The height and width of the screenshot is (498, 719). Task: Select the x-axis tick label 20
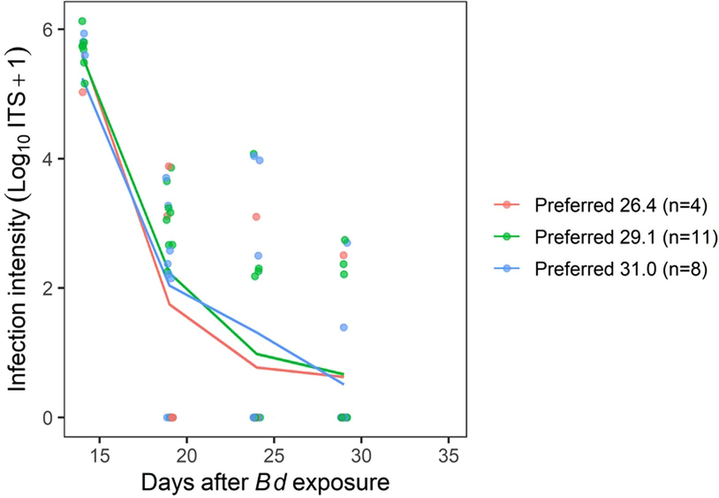click(x=186, y=455)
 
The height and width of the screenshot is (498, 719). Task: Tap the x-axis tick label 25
click(x=274, y=455)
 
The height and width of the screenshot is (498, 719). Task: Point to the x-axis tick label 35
click(x=449, y=455)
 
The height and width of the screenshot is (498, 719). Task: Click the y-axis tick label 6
click(x=47, y=29)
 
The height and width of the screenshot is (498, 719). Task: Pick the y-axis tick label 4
click(x=47, y=159)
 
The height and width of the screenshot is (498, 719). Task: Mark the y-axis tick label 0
click(x=47, y=418)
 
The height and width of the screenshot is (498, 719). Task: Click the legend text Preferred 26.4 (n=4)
click(x=621, y=205)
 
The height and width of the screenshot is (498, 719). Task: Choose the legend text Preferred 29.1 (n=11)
click(x=626, y=237)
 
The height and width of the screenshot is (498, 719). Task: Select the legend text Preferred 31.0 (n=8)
click(x=621, y=269)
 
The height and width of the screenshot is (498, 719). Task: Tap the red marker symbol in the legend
click(x=507, y=205)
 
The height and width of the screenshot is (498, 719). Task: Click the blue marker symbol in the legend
click(x=507, y=268)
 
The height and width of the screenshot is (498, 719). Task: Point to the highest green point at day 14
click(x=82, y=21)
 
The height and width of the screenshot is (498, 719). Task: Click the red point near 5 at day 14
click(x=82, y=92)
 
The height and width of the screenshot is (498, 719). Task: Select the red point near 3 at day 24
click(x=256, y=217)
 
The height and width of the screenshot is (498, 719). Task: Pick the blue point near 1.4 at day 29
click(x=344, y=327)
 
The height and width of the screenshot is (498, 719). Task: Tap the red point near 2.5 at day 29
click(x=343, y=255)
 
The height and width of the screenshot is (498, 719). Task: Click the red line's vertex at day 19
click(x=169, y=304)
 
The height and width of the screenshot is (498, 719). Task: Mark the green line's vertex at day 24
click(x=257, y=354)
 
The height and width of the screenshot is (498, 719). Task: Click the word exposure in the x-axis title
click(x=341, y=483)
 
